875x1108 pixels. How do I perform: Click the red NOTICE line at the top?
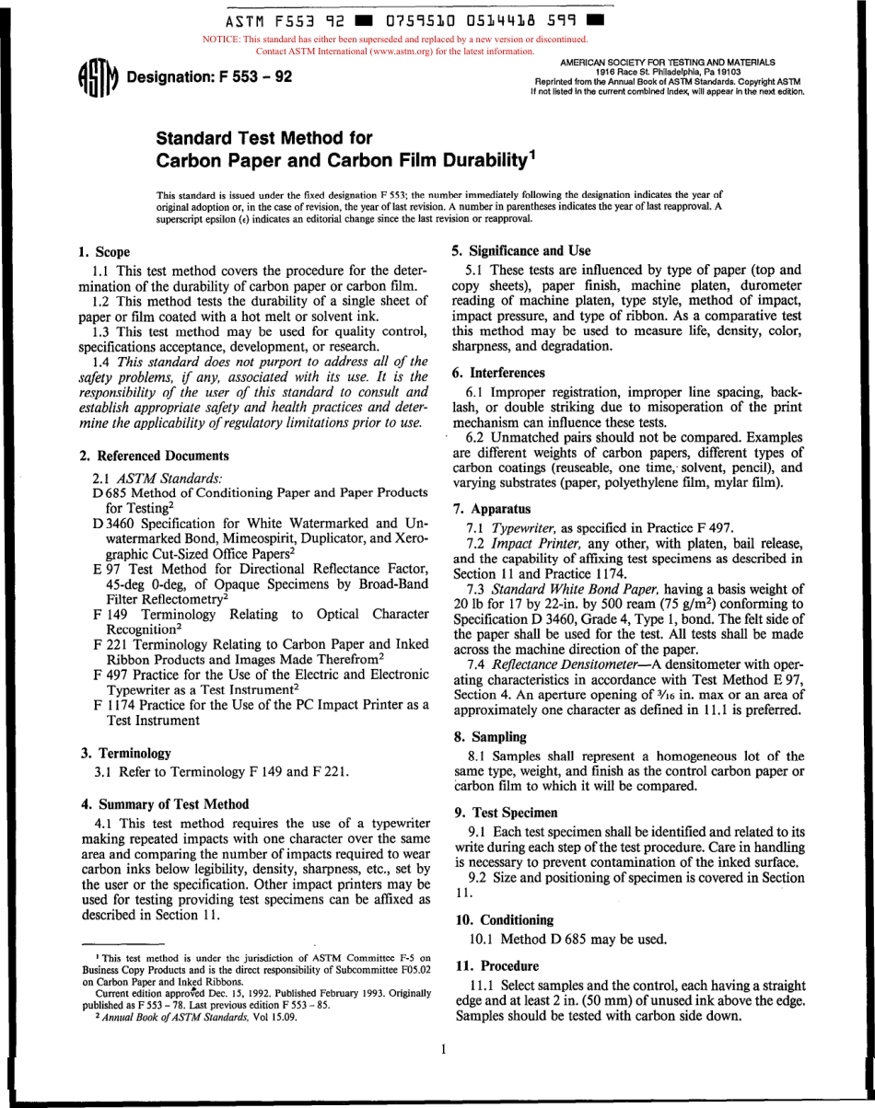pos(393,40)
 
